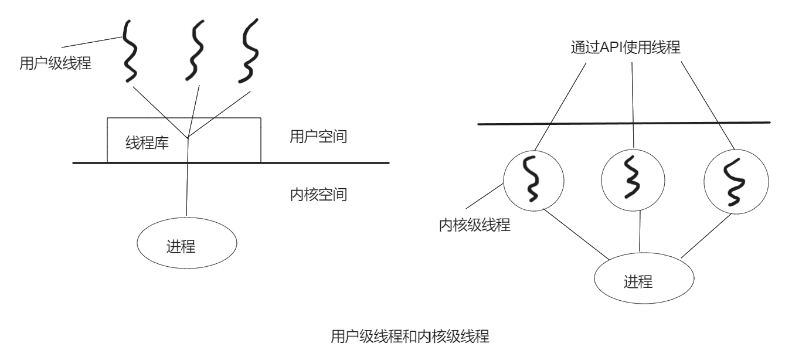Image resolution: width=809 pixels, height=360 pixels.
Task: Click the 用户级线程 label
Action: (56, 63)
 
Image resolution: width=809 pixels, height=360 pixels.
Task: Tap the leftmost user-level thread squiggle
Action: (130, 51)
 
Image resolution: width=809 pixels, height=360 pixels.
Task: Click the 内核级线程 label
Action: (474, 225)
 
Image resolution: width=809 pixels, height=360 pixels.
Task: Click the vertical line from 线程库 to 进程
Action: (187, 188)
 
